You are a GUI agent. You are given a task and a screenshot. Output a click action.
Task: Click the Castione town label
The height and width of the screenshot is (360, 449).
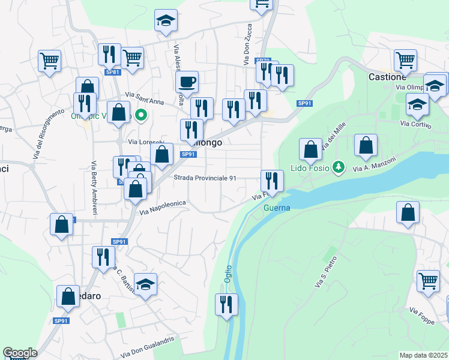(387, 77)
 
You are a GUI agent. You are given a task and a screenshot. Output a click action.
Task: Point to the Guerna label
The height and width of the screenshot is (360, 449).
(277, 208)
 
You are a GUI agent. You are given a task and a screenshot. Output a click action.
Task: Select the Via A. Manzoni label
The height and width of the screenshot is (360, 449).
(375, 164)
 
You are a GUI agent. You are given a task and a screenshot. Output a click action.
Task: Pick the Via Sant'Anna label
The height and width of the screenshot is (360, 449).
(145, 94)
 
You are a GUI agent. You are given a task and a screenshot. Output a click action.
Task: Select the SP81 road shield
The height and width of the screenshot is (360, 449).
(112, 72)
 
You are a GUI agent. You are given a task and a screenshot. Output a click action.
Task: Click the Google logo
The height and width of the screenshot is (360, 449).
(20, 353)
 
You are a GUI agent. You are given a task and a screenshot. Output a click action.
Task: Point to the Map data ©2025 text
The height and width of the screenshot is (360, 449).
(424, 355)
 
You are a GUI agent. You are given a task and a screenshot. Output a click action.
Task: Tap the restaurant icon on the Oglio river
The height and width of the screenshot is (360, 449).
(226, 304)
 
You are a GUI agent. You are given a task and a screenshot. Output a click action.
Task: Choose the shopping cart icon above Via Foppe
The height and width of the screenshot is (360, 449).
(428, 280)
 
